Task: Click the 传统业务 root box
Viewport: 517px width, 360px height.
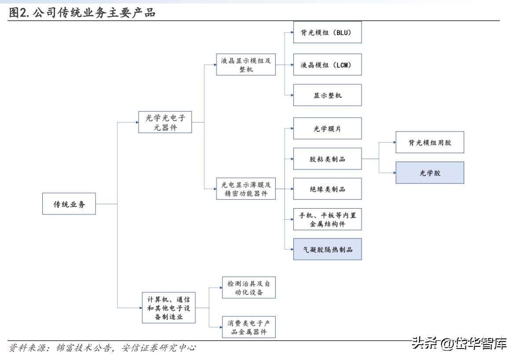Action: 69,204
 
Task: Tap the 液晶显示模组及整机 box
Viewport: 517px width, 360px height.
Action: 246,65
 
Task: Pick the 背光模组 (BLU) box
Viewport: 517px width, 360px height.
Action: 328,32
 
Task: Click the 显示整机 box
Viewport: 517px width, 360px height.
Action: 328,95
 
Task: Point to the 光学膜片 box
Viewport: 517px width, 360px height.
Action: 328,129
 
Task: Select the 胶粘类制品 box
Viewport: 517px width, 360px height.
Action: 328,159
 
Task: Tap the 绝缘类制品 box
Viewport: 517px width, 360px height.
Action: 328,189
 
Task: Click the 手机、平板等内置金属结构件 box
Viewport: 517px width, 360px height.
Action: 328,219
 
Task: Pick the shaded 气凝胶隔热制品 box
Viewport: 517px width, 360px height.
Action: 328,250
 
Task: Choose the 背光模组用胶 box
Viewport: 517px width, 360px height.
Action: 429,142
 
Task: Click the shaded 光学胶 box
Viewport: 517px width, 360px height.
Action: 429,173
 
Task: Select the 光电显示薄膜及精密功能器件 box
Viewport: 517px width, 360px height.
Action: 246,189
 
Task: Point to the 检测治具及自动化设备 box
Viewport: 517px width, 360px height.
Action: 249,287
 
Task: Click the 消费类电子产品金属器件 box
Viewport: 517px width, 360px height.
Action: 249,327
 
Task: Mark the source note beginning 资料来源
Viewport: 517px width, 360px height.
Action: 102,348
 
